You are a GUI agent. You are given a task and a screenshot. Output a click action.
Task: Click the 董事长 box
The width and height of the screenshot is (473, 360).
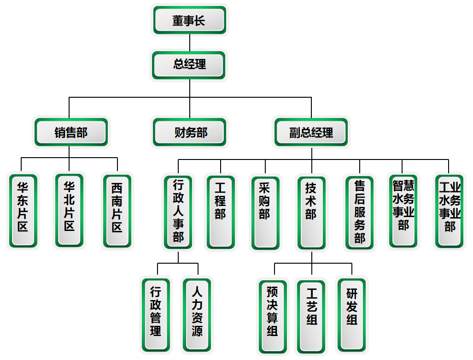tap(189, 20)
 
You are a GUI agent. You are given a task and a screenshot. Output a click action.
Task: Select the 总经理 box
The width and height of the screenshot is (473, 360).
tap(189, 65)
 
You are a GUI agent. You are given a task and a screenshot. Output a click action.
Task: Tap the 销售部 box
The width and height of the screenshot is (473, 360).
tap(71, 132)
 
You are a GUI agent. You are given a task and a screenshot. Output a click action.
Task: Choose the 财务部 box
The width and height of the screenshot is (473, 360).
tap(190, 132)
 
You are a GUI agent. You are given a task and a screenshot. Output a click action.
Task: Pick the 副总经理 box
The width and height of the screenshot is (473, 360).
tap(311, 132)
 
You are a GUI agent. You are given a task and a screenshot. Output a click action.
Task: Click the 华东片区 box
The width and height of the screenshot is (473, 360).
tap(23, 210)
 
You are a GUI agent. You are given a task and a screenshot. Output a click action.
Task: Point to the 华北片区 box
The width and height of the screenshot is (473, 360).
tap(70, 210)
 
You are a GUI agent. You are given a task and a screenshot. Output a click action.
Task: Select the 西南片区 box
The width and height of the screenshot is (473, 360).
tap(117, 211)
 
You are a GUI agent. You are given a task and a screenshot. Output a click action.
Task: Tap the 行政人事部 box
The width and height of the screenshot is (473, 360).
tap(178, 212)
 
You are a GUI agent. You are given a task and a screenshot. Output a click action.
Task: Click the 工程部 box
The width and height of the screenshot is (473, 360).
tap(221, 212)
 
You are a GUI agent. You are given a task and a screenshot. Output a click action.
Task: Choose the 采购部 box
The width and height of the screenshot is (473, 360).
tap(265, 212)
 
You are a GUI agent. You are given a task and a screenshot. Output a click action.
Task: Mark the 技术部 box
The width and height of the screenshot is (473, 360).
tap(311, 212)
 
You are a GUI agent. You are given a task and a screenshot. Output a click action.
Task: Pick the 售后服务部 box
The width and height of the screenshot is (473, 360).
tap(360, 212)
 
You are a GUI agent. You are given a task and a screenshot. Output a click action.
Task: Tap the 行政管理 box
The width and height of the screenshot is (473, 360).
tap(156, 315)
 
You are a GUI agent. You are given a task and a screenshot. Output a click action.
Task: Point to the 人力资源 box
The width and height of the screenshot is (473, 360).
tap(197, 315)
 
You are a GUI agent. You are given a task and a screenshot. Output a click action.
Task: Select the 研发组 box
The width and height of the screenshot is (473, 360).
tap(352, 314)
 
